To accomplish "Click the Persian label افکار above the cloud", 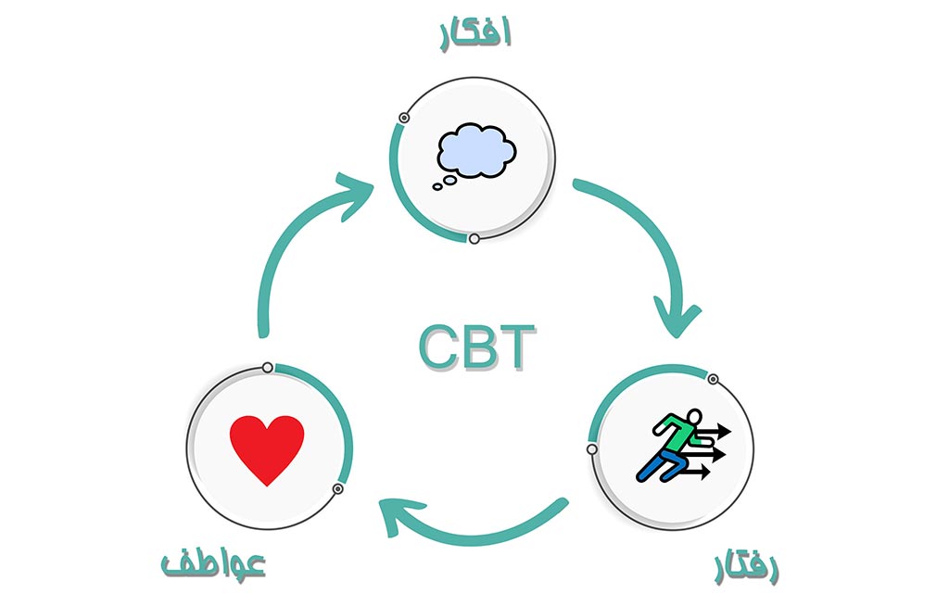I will coord(474,32).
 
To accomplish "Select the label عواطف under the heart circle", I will coord(213,562).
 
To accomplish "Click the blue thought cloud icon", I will coord(475,150).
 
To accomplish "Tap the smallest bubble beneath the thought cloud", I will coord(437,187).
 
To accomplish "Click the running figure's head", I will coord(691,418).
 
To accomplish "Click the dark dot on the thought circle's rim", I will coord(404,118).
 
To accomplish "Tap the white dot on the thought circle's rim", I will coord(474,239).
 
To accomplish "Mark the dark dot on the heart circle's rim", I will coord(338,488).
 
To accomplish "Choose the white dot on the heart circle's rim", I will coord(267,368).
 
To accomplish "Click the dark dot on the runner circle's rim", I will coord(713,379).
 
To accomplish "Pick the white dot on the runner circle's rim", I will coord(591,449).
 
